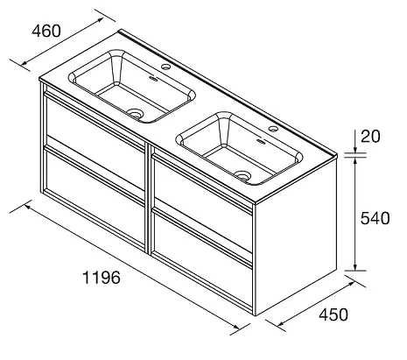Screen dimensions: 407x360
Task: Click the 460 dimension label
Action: [46, 31]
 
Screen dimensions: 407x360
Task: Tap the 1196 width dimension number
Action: [102, 278]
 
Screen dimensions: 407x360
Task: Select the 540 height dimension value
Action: [375, 218]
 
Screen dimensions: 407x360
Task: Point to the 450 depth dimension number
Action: [333, 314]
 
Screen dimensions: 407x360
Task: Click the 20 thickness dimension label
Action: [370, 137]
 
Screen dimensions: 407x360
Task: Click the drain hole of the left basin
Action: [136, 113]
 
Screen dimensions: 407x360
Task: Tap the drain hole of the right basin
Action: [242, 175]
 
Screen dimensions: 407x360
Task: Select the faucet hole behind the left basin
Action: [165, 67]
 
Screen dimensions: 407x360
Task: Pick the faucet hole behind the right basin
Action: [273, 129]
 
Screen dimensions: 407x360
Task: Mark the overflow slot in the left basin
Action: [153, 78]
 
